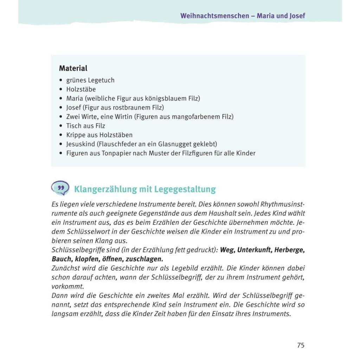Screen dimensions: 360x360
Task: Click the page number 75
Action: tap(301, 345)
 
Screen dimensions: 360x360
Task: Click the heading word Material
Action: tap(73, 68)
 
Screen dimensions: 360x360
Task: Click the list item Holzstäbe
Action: tap(81, 89)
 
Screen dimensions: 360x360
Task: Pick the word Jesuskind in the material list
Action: tap(81, 144)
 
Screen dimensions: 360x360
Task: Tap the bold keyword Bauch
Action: tap(60, 259)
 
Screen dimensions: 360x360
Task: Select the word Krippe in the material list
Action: tap(75, 135)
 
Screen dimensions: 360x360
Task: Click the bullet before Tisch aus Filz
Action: tap(61, 126)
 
